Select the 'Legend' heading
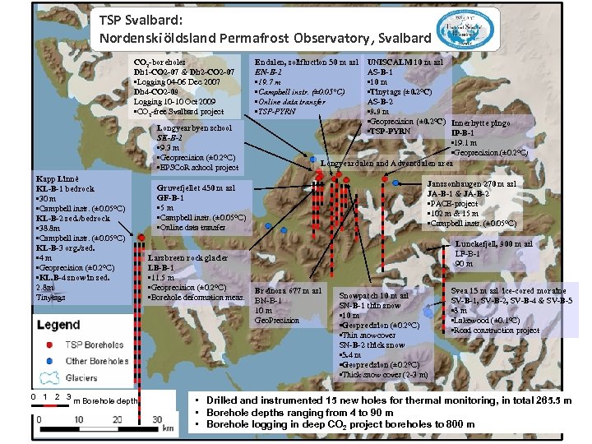[58, 325]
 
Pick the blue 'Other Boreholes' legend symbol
[50, 360]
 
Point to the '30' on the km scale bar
[156, 419]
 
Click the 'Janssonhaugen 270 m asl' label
[472, 183]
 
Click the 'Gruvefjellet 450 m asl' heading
[196, 187]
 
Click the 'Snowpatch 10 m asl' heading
[374, 295]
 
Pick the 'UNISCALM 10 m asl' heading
[405, 62]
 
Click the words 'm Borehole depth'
[105, 400]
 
